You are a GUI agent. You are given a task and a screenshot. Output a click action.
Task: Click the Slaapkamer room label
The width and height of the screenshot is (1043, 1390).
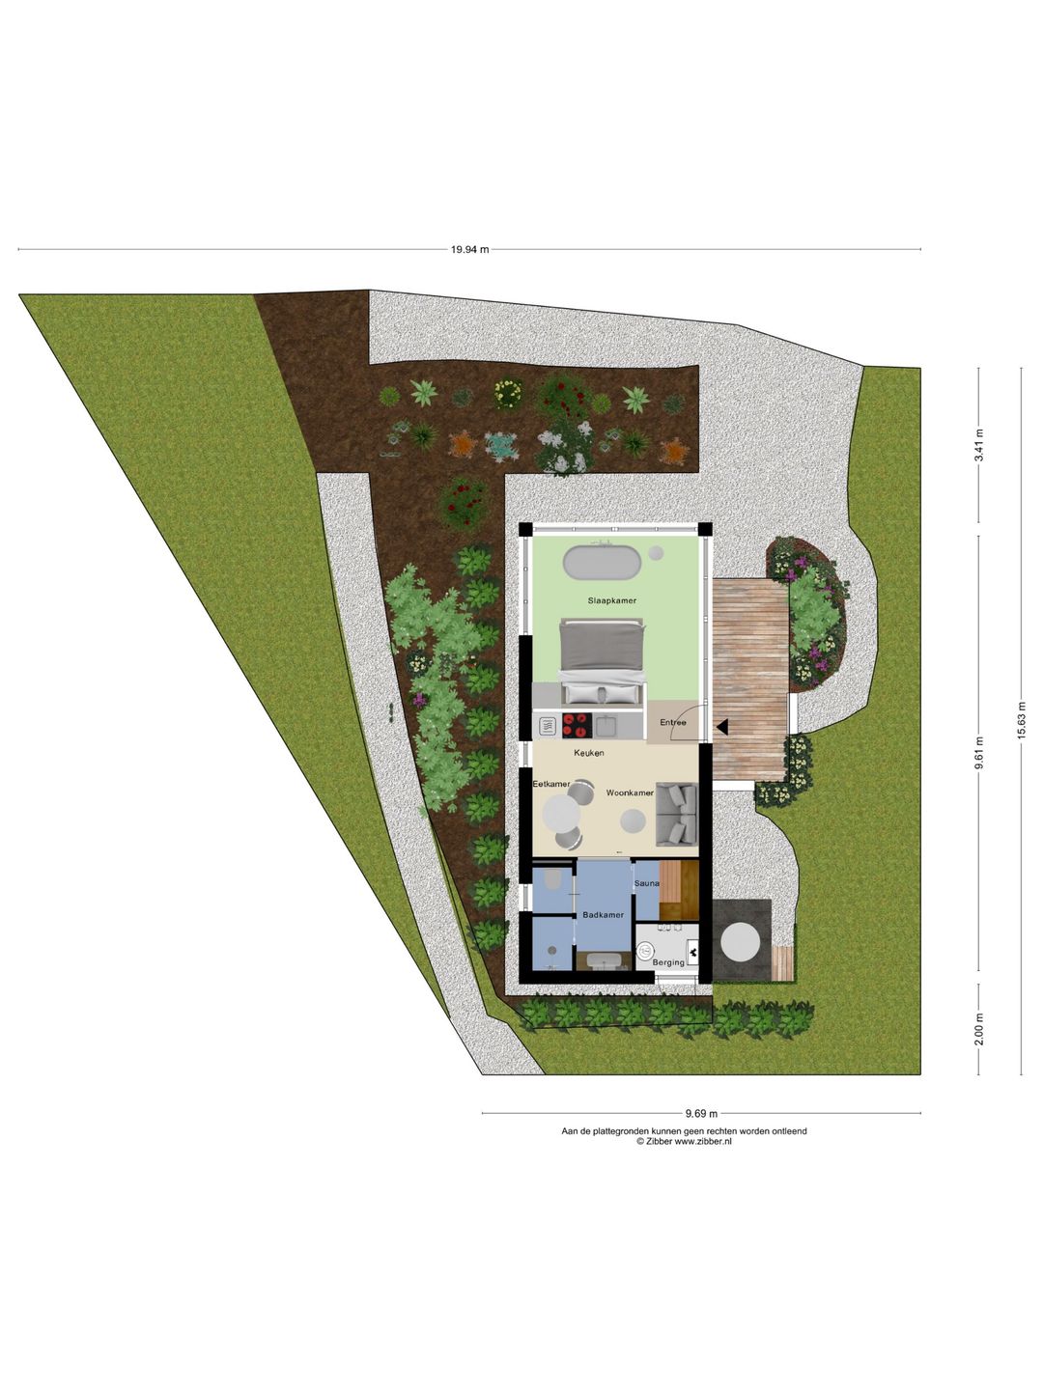(611, 600)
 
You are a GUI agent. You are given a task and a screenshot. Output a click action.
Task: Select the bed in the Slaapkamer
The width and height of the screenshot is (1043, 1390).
(603, 662)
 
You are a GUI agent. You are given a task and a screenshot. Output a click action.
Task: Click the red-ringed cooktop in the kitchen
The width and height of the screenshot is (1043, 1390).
(577, 725)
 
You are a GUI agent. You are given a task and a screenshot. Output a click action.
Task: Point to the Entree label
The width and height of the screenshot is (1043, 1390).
(672, 722)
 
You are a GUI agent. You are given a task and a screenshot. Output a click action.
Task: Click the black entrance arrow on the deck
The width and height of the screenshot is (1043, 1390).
(723, 727)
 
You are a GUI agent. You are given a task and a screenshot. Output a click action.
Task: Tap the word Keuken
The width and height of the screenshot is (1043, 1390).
(589, 753)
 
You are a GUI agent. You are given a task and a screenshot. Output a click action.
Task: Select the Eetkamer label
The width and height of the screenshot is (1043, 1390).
(550, 784)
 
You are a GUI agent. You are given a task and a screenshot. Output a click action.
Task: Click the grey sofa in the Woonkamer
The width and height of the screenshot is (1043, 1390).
(676, 814)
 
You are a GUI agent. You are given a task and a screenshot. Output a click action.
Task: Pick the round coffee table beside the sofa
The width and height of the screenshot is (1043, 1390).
(633, 821)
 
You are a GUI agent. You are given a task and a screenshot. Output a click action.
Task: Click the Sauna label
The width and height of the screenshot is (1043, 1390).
(647, 883)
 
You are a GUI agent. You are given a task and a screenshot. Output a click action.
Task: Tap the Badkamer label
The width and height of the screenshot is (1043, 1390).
(603, 914)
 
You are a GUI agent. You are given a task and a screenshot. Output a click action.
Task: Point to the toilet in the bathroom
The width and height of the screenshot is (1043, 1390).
(550, 879)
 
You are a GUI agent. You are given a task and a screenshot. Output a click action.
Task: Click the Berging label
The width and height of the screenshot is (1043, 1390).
(668, 962)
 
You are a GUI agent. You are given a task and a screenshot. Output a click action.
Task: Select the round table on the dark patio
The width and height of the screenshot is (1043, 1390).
(741, 943)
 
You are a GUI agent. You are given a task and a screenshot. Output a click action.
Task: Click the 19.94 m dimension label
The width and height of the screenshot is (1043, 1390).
(470, 249)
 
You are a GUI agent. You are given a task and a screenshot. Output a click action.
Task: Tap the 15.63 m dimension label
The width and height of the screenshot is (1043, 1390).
(1020, 721)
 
